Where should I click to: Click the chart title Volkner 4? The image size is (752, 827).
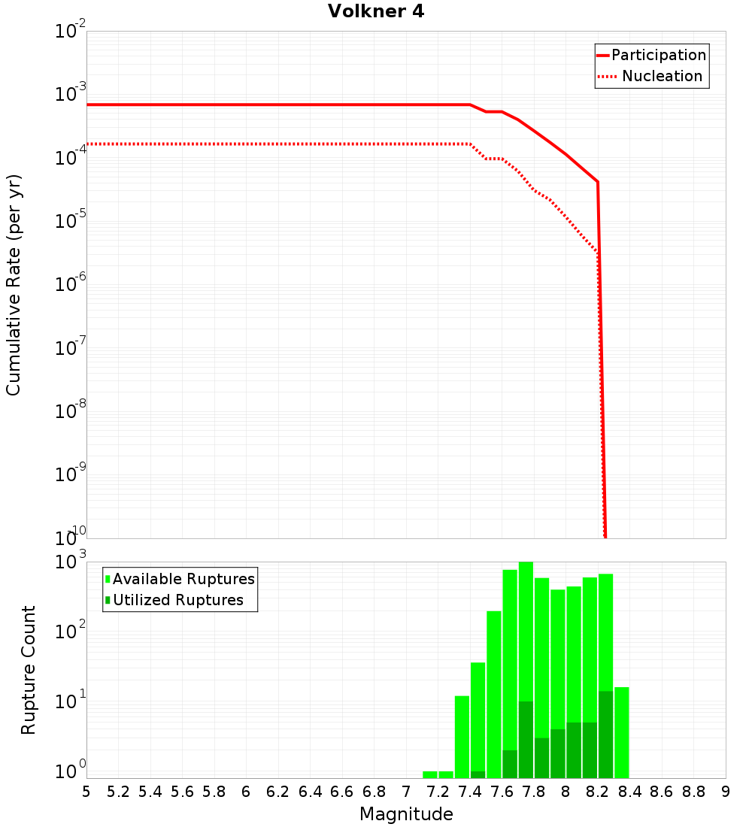click(x=376, y=12)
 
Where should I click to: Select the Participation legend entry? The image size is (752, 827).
click(x=659, y=56)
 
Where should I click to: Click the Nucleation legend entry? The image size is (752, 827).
click(x=662, y=77)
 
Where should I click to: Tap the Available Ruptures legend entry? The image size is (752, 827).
click(x=183, y=580)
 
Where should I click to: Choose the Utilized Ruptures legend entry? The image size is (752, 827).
click(x=177, y=601)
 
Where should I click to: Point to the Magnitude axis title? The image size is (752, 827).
click(x=406, y=814)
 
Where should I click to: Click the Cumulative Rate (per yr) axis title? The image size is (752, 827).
click(x=14, y=285)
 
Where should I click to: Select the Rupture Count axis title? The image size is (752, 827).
click(x=29, y=670)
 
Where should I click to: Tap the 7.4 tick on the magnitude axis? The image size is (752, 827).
click(x=470, y=792)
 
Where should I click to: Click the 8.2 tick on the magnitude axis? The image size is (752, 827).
click(x=598, y=792)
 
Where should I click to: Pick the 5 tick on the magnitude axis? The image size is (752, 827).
click(x=86, y=792)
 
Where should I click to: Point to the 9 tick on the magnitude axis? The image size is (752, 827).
click(x=726, y=792)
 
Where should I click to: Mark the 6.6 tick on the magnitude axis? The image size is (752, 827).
click(x=342, y=792)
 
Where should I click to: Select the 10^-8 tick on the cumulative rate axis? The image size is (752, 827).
click(x=71, y=412)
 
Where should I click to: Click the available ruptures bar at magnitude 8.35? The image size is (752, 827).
click(x=622, y=733)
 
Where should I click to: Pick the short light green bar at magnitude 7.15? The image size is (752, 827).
click(x=430, y=775)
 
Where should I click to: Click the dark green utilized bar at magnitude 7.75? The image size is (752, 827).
click(x=526, y=741)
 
